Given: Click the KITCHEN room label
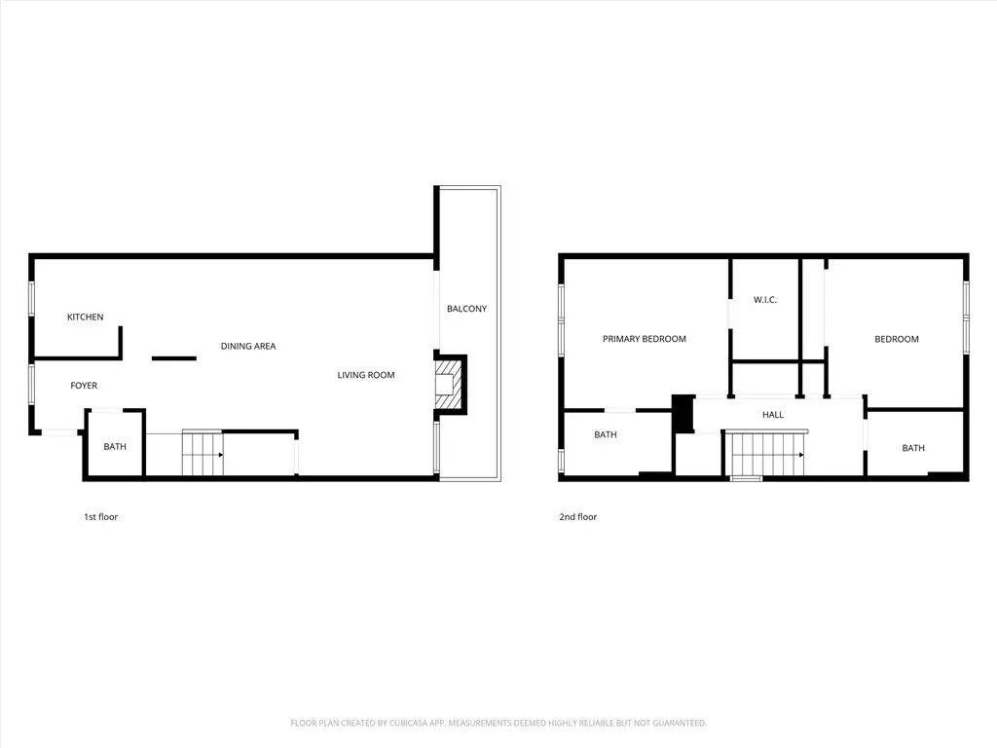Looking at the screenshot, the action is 86,317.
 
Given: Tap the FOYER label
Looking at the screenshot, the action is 84,386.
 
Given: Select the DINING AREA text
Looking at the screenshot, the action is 248,346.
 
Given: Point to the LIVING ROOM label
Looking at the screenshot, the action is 366,375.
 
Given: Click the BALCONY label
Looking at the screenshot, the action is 466,309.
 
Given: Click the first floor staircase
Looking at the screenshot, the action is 203,454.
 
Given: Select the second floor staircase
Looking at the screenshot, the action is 765,454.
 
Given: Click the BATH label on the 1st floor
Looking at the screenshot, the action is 115,446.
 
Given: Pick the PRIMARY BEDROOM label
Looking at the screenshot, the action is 645,339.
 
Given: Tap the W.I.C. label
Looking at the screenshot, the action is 765,300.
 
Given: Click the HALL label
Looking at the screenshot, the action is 772,415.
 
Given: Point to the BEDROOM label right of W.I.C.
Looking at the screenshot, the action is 897,339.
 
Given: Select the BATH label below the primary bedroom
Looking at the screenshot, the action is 606,434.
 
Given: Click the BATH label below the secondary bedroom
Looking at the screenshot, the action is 913,448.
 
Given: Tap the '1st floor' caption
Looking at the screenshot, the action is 100,517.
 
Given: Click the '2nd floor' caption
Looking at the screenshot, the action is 578,517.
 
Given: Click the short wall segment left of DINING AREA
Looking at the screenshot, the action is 173,358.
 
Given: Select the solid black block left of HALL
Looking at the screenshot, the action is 683,414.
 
